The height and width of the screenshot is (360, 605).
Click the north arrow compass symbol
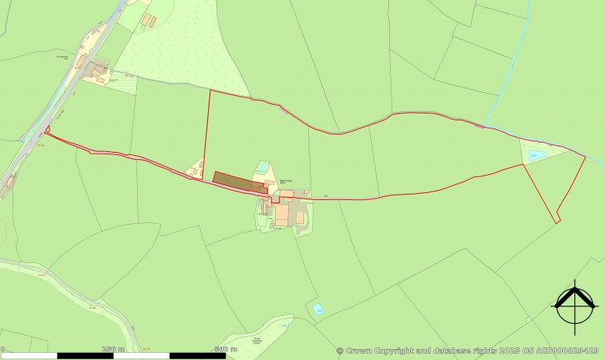point(574,303)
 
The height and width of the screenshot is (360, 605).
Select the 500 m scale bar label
point(221,348)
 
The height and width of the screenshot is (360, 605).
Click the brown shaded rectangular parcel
point(239,181)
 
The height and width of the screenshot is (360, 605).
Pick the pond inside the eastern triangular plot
point(536,154)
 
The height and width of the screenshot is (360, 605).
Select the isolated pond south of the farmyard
point(317,309)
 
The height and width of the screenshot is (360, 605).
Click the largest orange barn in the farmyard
point(281,214)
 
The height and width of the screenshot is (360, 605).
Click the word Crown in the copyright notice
point(359,351)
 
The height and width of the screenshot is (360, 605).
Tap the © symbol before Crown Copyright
point(340,351)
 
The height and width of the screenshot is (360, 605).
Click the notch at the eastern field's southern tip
point(557,221)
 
